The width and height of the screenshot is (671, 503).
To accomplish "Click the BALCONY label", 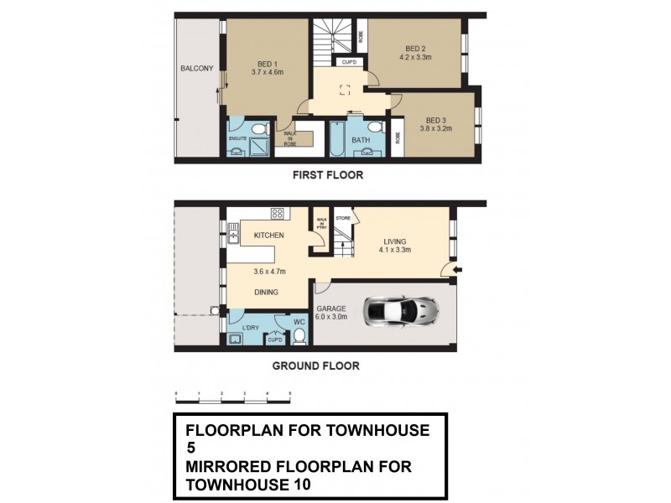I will coord(196,69).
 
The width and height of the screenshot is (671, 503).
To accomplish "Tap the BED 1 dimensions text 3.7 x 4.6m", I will coord(268,72).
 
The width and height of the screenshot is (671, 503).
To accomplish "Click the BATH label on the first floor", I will coord(361,140).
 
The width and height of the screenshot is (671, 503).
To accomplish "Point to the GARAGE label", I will coord(331,309).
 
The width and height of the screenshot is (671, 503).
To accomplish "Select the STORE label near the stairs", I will coord(341,219).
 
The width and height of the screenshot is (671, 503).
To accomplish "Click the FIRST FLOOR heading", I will coord(326,176).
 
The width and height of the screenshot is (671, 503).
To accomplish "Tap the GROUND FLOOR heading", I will coord(315,366).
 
